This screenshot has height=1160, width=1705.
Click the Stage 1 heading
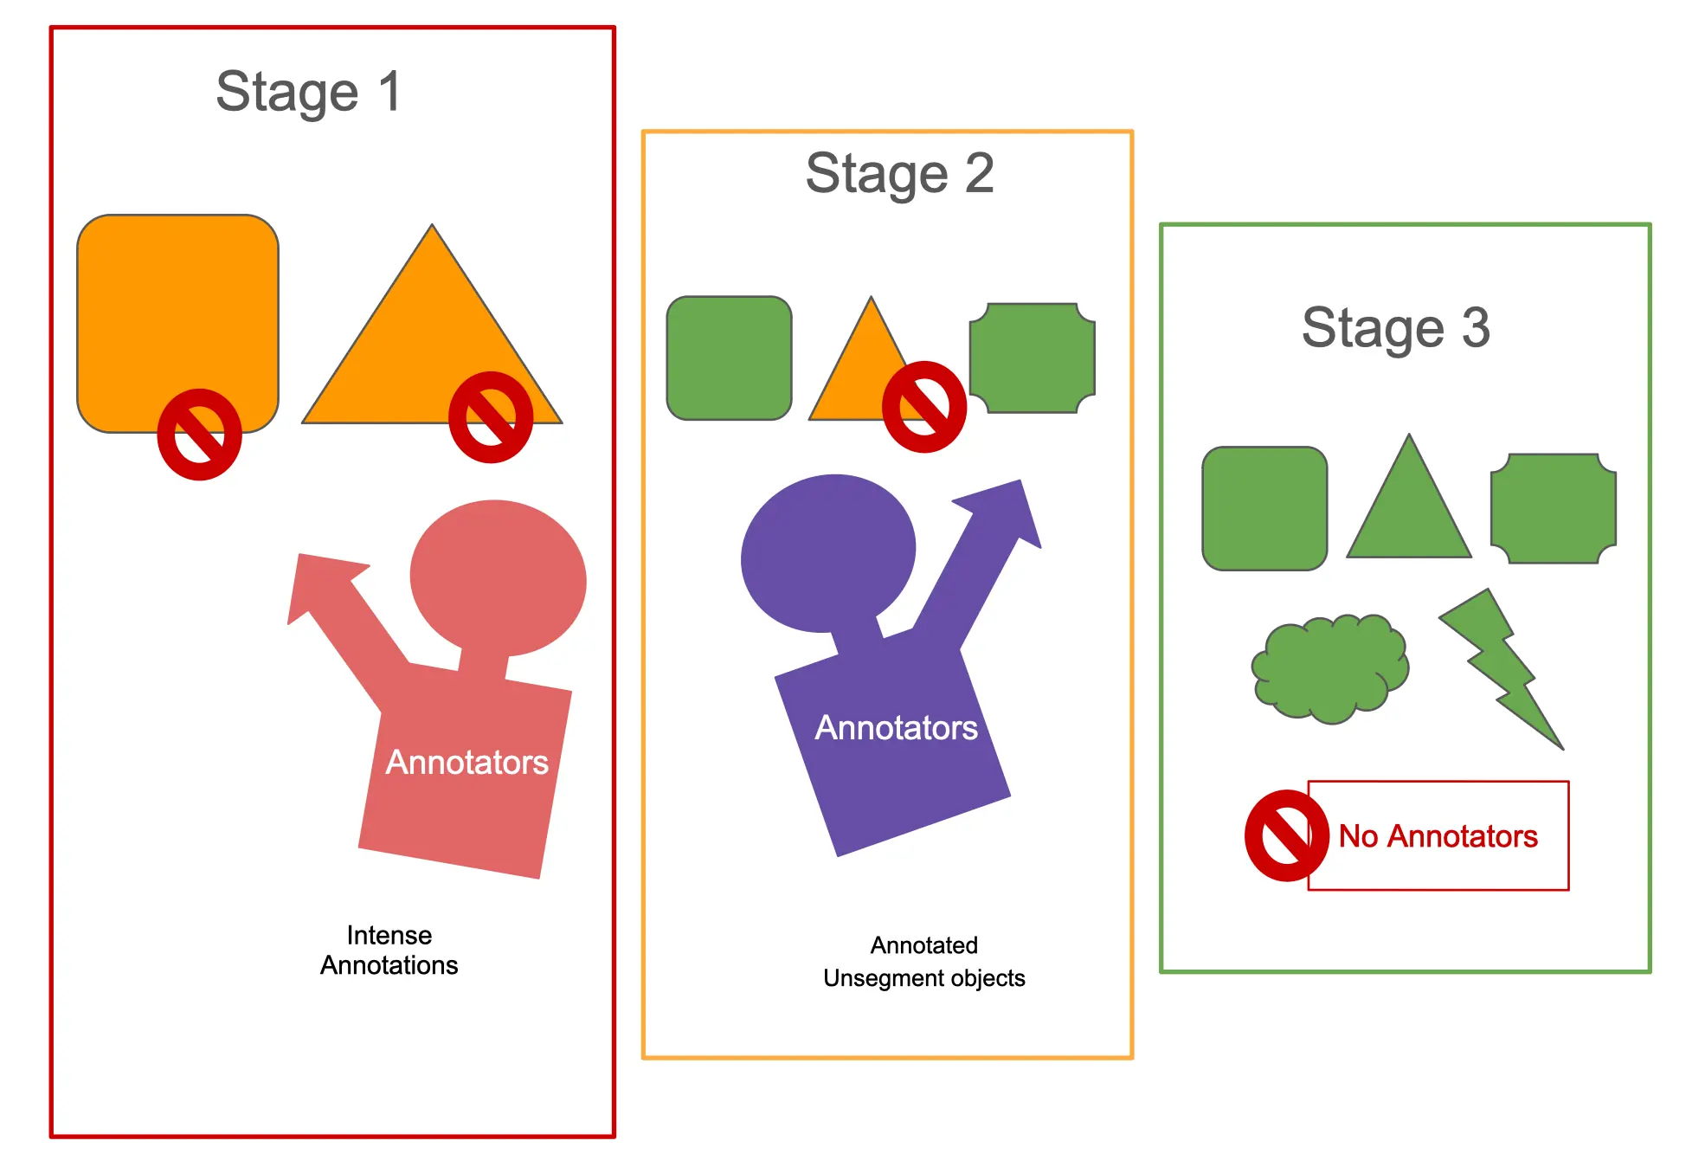tap(308, 92)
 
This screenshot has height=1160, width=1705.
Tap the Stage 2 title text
tap(899, 173)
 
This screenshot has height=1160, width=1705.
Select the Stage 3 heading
tap(1395, 327)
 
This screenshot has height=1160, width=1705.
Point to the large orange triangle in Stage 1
tap(432, 346)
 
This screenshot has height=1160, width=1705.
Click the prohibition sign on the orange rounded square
tap(199, 435)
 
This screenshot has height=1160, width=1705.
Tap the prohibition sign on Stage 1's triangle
tap(491, 417)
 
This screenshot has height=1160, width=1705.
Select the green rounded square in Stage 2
tap(729, 358)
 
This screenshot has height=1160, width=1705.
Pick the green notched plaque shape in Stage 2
tap(1033, 358)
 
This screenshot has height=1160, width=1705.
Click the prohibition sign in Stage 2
tap(924, 407)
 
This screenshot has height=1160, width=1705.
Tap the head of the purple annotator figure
tap(828, 552)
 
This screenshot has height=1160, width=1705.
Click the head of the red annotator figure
tap(498, 578)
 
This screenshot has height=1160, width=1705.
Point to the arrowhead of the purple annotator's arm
tap(1004, 511)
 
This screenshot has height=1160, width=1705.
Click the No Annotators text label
tap(1438, 836)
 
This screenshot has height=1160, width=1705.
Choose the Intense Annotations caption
tap(389, 950)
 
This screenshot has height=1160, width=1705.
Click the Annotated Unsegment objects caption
tap(924, 961)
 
